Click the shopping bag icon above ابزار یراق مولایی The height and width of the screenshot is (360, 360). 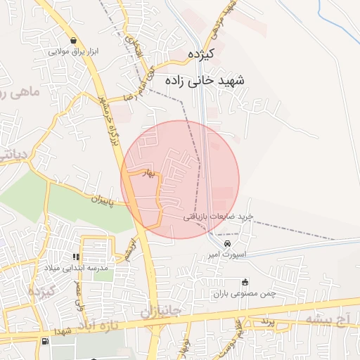[73, 40]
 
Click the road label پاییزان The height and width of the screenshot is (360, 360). [108, 199]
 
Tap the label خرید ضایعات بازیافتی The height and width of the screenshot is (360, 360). [218, 217]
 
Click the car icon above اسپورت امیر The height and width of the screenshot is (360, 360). [226, 243]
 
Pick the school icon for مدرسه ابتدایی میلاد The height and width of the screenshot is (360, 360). [77, 258]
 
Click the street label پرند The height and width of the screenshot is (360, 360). [264, 321]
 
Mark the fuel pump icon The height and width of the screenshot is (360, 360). [46, 342]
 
